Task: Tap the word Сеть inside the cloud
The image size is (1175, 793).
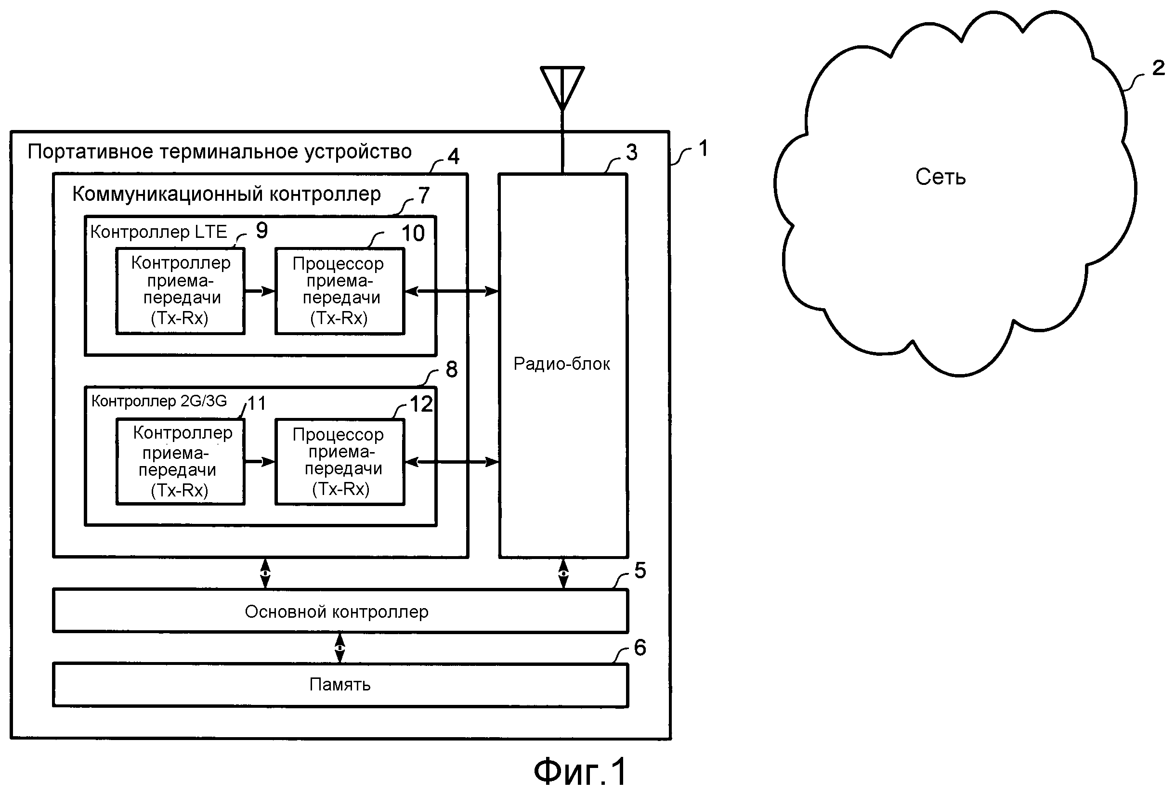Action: tap(940, 177)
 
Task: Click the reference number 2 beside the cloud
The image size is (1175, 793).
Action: tap(1158, 68)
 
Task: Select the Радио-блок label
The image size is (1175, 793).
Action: tap(561, 364)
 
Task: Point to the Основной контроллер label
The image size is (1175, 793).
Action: tap(336, 612)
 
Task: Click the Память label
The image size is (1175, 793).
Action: tap(340, 684)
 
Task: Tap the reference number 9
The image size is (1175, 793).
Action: tap(261, 231)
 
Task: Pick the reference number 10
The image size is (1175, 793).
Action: tap(413, 234)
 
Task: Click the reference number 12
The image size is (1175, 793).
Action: tap(421, 404)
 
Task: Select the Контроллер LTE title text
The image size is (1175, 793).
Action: tap(158, 232)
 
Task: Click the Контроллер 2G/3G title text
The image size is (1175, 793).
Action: tap(159, 401)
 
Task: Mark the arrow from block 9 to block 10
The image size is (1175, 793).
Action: tap(260, 291)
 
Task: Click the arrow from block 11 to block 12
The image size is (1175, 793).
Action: tap(260, 461)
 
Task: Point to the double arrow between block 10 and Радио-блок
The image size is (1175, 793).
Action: tap(452, 291)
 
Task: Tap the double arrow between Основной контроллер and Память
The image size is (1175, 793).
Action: tap(340, 648)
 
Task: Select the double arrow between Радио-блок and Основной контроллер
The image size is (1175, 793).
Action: tap(563, 573)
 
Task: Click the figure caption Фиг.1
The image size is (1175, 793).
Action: tap(580, 772)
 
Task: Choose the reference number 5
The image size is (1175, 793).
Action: tap(640, 571)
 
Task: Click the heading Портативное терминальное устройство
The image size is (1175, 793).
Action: tap(220, 152)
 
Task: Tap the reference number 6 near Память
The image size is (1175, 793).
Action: tap(640, 648)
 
